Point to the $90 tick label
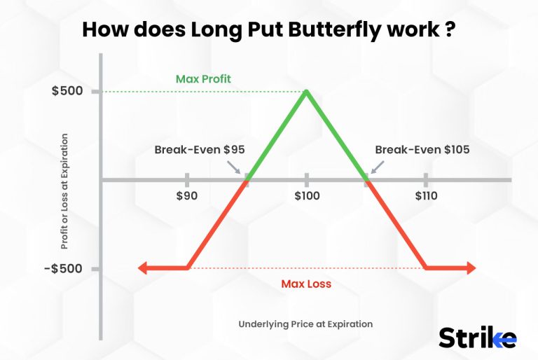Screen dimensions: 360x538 (x=187, y=196)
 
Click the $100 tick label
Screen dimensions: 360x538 (x=306, y=196)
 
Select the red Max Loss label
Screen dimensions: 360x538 (x=306, y=284)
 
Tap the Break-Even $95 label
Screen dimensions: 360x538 (x=199, y=149)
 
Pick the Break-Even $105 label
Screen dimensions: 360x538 (x=422, y=149)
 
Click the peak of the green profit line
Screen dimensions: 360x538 (x=306, y=91)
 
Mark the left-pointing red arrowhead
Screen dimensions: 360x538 (x=144, y=268)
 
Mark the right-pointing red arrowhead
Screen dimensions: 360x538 (x=470, y=268)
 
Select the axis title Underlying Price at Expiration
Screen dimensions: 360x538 (x=305, y=324)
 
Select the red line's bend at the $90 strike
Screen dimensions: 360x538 (x=188, y=268)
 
